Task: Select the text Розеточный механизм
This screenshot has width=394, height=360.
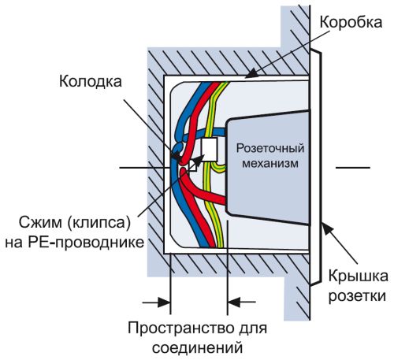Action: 270,155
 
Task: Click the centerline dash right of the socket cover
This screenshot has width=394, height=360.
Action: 352,167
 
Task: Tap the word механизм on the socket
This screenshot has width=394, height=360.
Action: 270,163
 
